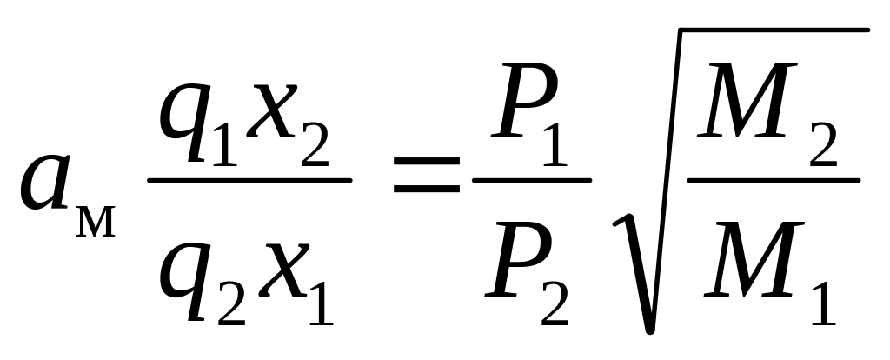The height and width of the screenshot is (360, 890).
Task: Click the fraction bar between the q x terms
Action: pyautogui.click(x=249, y=181)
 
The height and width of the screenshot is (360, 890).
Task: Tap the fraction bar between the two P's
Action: pyautogui.click(x=531, y=181)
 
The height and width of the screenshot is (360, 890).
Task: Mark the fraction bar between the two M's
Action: pyautogui.click(x=774, y=181)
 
